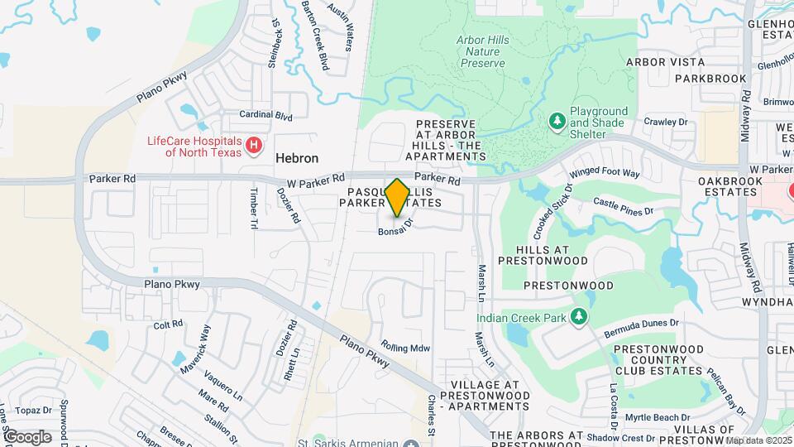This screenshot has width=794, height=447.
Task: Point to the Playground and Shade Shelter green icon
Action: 557,123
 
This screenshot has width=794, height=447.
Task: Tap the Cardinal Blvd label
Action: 265,116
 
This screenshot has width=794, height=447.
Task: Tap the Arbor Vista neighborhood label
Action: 665,62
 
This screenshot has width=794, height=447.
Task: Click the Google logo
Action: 27,437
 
